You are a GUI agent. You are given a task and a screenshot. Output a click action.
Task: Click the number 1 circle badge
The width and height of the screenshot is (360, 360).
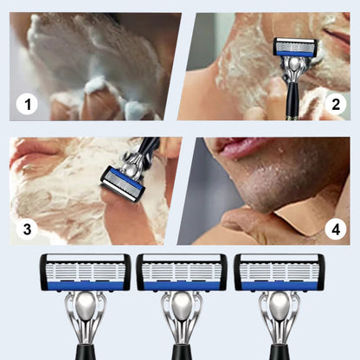tap(29, 106)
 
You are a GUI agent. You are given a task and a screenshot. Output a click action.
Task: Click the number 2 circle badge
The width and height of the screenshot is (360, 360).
tap(337, 106)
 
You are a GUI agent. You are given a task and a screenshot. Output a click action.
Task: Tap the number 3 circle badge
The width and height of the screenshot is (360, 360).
tap(29, 229)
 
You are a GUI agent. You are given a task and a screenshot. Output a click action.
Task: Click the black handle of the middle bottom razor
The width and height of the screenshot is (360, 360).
tap(182, 351)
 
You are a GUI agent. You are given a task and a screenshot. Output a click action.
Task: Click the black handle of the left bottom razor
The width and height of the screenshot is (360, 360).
tap(85, 351)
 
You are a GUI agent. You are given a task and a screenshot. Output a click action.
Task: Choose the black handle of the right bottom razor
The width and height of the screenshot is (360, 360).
tap(279, 351)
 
